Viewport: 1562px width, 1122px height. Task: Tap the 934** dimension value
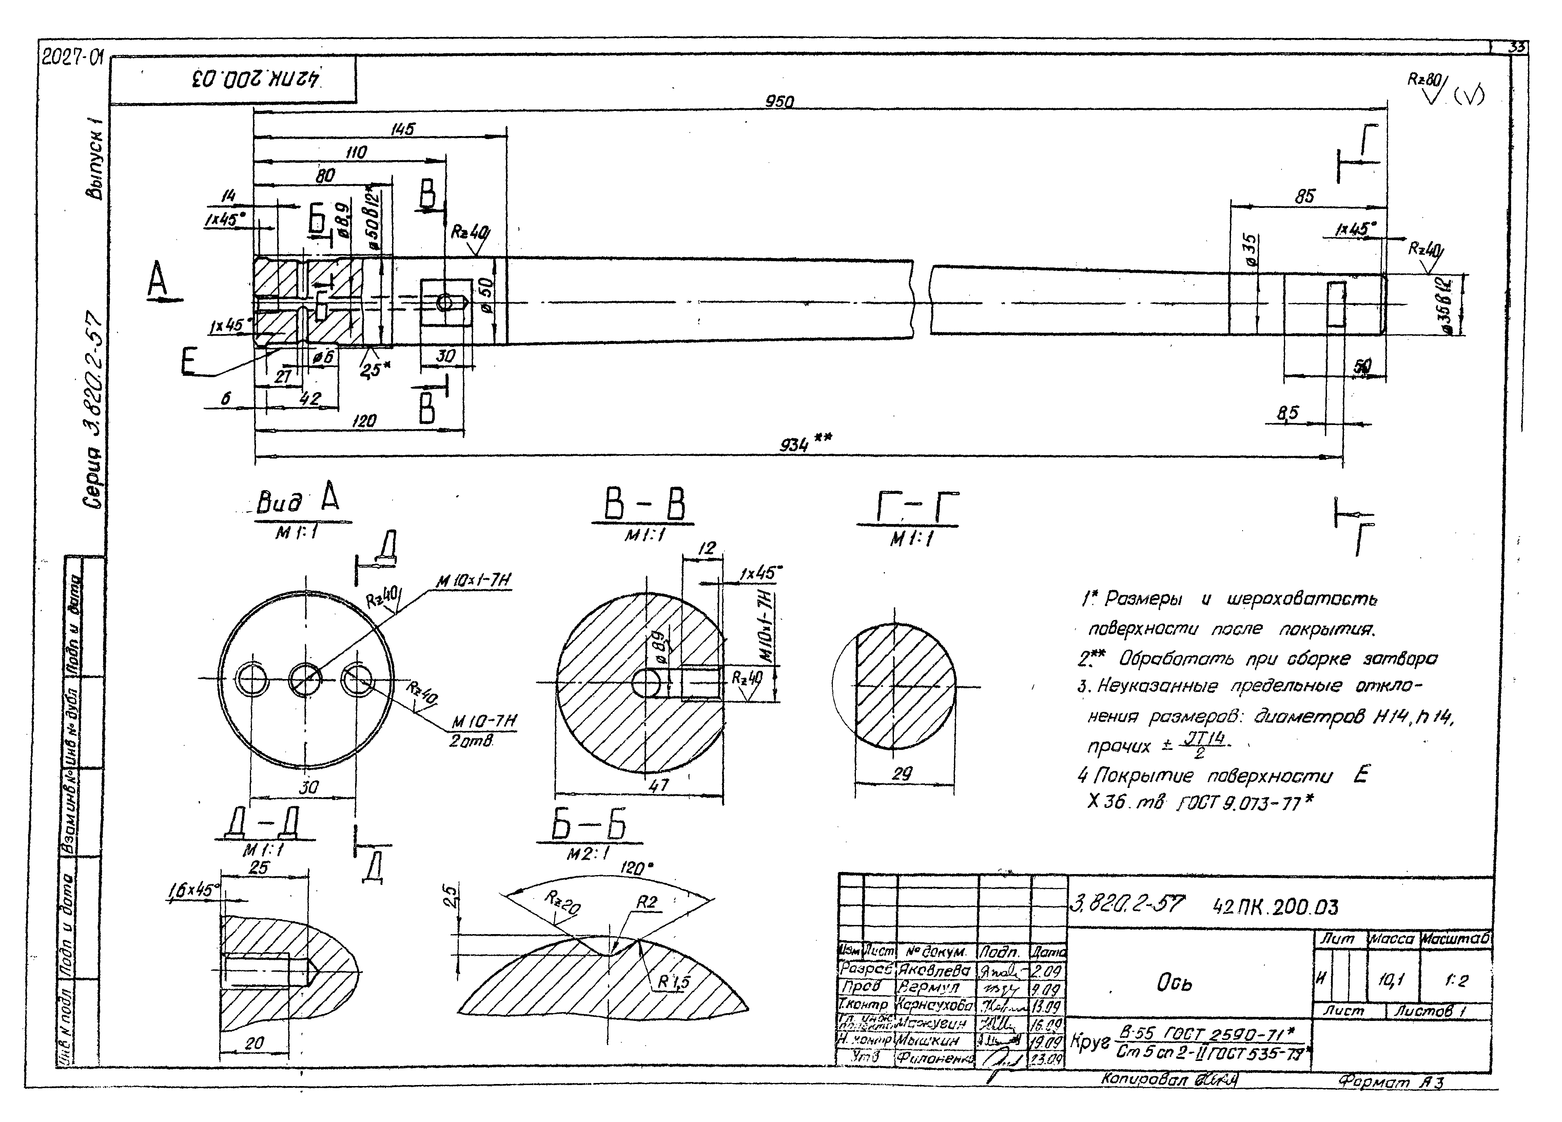pos(796,445)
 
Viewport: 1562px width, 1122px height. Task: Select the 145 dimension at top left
pos(403,129)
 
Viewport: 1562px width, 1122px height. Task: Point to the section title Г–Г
pos(908,510)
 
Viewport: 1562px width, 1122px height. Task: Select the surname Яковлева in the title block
pos(934,970)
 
